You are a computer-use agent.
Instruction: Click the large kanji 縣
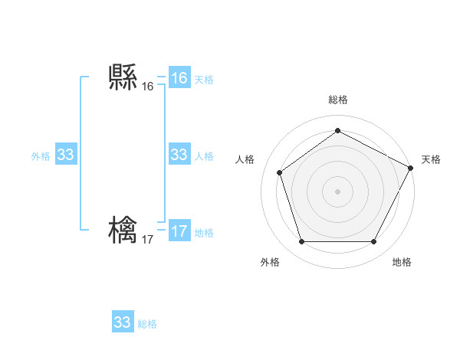[123, 77]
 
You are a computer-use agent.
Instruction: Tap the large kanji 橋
[123, 231]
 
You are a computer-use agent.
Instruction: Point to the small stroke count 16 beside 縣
[147, 87]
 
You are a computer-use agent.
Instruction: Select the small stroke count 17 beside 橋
[147, 240]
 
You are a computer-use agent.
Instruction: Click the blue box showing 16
[179, 78]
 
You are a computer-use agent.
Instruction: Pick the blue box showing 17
[179, 231]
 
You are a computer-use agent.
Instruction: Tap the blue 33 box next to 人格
[179, 155]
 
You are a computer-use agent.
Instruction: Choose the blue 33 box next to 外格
[66, 155]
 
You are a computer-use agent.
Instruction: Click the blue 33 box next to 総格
[122, 322]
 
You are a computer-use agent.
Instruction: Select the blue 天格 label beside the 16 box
[204, 80]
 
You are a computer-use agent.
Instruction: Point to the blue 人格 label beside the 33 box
[204, 156]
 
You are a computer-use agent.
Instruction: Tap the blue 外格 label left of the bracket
[41, 156]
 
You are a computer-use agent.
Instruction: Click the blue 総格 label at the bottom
[147, 324]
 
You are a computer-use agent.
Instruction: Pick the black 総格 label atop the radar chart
[337, 100]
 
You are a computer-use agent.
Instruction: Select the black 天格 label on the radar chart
[431, 159]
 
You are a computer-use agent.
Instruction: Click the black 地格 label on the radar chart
[402, 262]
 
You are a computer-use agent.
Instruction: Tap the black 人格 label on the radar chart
[245, 159]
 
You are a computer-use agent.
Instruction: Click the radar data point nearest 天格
[412, 168]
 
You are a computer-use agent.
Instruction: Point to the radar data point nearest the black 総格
[337, 131]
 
